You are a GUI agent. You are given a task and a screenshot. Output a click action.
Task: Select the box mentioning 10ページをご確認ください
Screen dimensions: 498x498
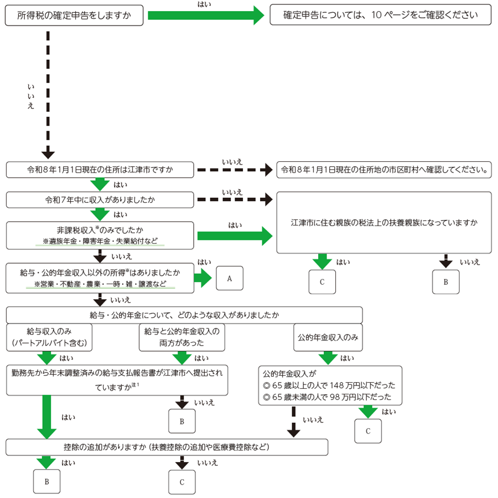[381, 16]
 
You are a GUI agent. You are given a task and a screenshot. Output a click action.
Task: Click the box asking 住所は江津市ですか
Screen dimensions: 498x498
[100, 170]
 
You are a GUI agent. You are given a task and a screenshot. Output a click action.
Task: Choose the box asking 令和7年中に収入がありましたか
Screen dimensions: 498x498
[100, 198]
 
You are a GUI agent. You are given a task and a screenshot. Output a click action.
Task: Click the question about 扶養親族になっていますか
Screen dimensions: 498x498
[384, 223]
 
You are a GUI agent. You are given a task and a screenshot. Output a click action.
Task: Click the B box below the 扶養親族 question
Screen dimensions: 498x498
[445, 282]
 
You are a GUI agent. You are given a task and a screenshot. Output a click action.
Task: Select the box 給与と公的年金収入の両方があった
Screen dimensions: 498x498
[182, 337]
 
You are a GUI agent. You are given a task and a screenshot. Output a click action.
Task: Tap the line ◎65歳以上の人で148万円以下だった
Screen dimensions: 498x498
[330, 386]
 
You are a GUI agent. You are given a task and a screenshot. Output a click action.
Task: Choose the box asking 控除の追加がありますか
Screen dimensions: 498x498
[167, 446]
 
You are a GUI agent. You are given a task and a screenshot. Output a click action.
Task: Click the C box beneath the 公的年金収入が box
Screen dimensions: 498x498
[368, 430]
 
